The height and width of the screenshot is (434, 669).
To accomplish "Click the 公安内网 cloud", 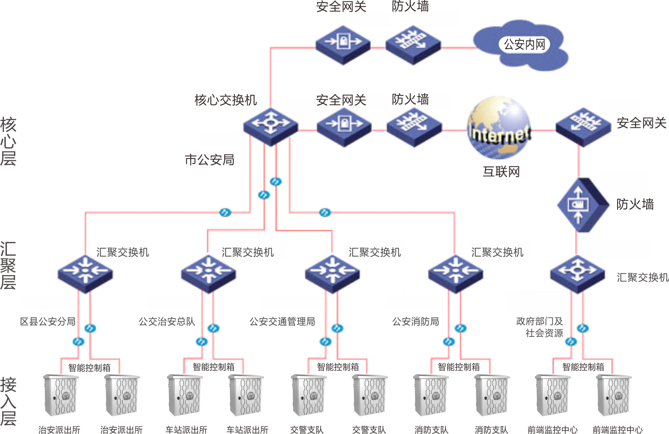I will (x=523, y=45).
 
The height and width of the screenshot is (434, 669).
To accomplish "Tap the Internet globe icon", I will (x=499, y=127).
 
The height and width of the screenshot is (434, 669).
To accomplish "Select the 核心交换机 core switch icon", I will (x=270, y=126).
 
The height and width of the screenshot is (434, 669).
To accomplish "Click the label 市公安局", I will (x=209, y=160).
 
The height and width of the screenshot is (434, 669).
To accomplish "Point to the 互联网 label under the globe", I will (x=501, y=172).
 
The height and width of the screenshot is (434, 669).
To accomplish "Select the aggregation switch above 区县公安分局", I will (x=85, y=273).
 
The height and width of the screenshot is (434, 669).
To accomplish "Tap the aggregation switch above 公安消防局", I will (x=455, y=273).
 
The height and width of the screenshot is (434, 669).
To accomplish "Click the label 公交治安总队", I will (x=167, y=322).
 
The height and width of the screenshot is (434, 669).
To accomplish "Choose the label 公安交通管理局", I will (x=282, y=322).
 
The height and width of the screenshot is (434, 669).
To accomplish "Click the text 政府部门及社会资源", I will (x=540, y=327).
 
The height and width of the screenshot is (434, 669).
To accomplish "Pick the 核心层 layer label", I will (x=8, y=141).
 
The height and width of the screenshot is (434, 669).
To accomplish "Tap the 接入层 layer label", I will (x=8, y=401).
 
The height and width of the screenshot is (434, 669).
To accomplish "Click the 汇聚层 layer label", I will (x=8, y=265).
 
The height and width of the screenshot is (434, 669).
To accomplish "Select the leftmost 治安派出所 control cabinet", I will (x=60, y=395).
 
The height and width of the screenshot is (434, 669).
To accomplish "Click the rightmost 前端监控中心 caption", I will (x=617, y=430).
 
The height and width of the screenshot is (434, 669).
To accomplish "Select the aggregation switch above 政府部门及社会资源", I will (x=578, y=273).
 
